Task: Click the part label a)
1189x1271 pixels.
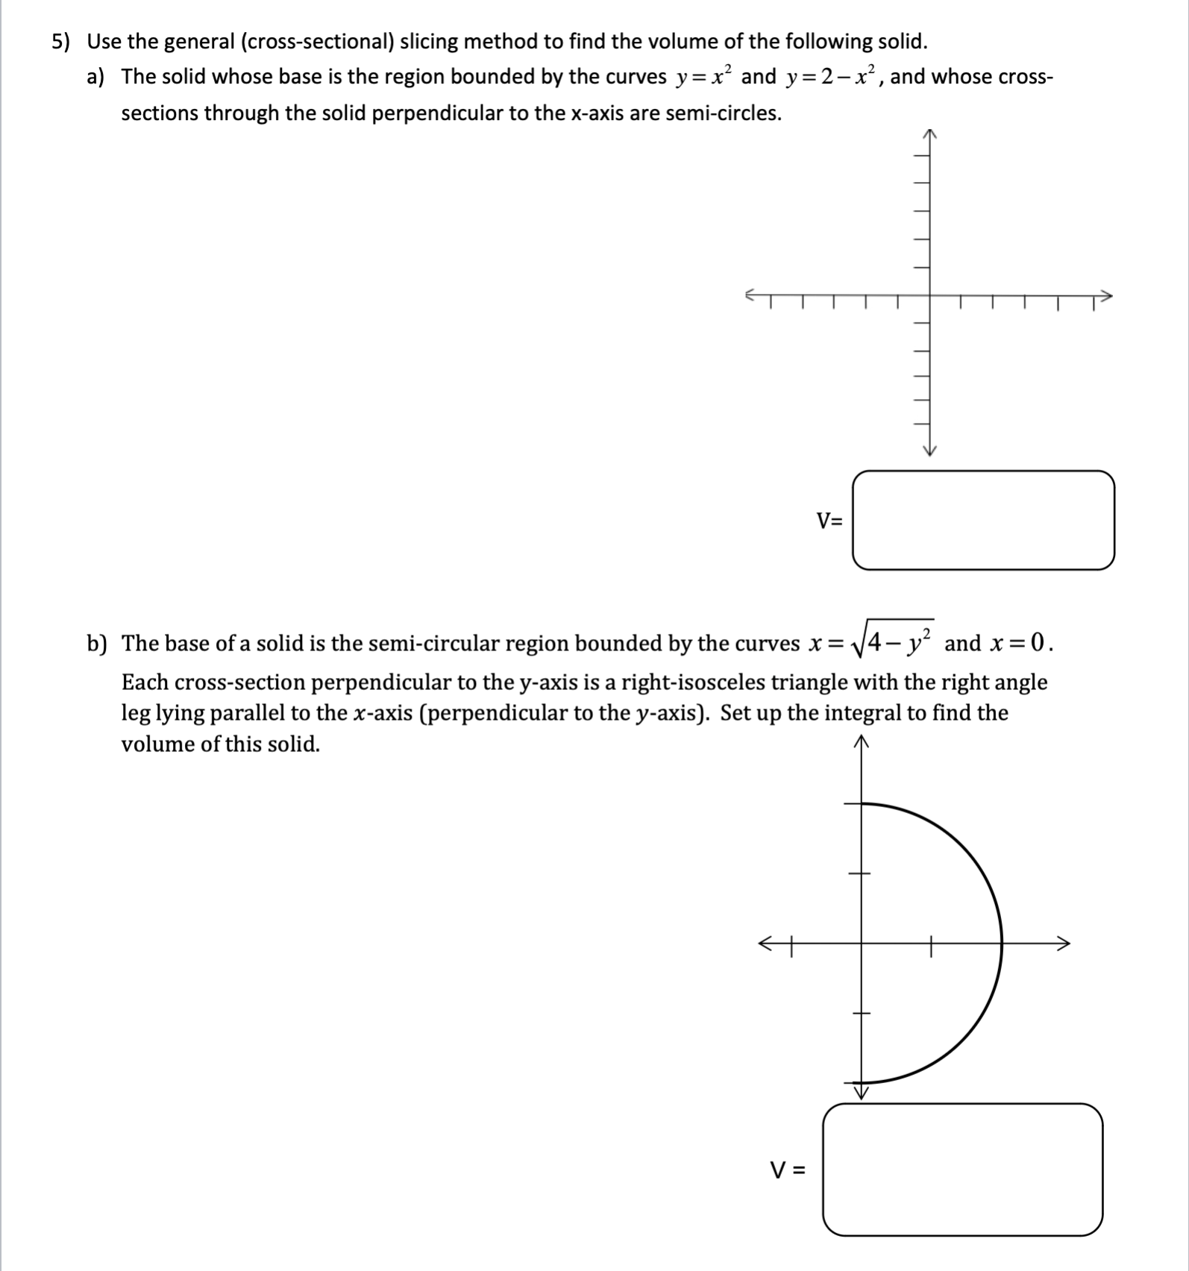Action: click(95, 77)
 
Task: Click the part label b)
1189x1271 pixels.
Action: click(96, 643)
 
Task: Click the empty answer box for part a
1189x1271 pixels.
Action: click(983, 520)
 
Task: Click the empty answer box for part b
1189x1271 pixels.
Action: click(962, 1169)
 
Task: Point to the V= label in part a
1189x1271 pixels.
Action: click(829, 521)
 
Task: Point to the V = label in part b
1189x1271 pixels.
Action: click(788, 1170)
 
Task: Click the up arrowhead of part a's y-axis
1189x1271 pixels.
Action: click(929, 134)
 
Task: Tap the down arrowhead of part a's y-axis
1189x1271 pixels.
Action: click(929, 450)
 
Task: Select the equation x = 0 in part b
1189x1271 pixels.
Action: click(1020, 643)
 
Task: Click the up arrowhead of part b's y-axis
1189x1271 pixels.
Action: click(862, 741)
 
